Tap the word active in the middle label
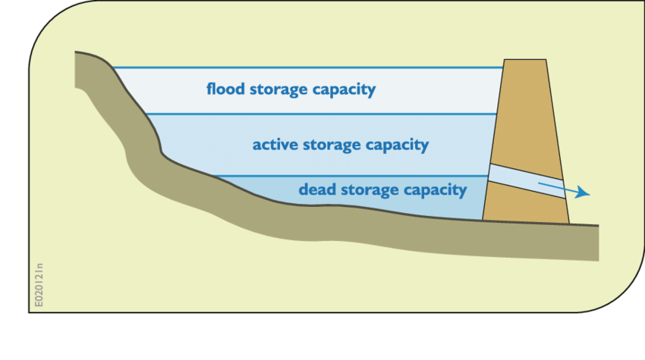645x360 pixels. pos(275,144)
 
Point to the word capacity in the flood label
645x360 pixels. pos(345,90)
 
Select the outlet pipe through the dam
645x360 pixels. pos(527,181)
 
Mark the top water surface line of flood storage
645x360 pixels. pos(304,68)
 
